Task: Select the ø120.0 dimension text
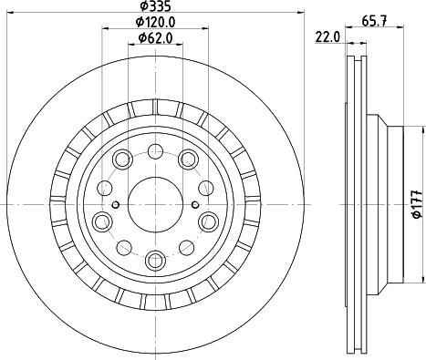click(154, 22)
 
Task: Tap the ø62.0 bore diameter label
click(155, 37)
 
